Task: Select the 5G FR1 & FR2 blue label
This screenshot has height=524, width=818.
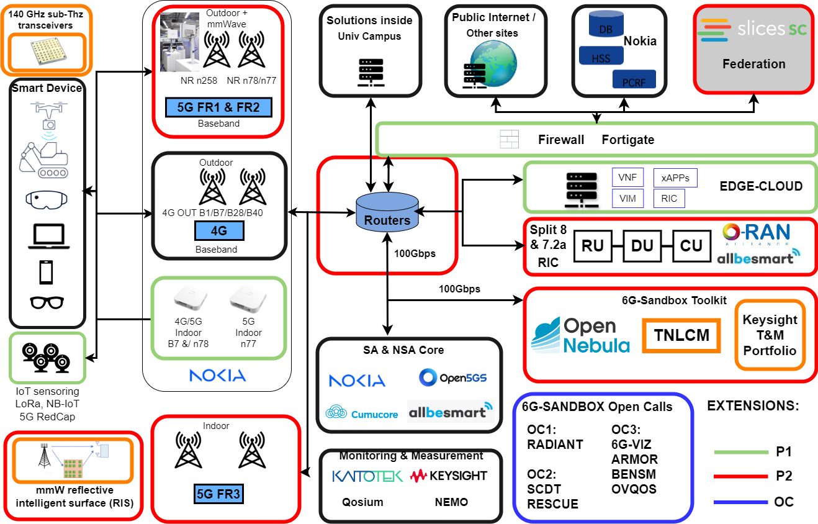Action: [218, 107]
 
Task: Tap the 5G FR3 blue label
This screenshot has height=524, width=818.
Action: [218, 495]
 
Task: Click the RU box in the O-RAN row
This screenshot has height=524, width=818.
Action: [593, 246]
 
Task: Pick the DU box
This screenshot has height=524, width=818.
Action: [642, 246]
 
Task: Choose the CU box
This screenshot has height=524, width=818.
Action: [691, 246]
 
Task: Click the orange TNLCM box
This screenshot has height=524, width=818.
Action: [681, 336]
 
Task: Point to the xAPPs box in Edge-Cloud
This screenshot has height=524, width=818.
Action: [675, 178]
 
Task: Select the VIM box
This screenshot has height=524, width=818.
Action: [627, 199]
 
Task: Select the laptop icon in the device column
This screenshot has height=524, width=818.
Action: [47, 237]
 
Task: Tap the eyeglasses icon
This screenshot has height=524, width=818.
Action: [47, 302]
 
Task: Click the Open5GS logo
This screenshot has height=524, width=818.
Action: [454, 377]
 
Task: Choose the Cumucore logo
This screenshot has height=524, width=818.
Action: [362, 412]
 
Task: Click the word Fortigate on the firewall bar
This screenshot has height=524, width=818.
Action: [627, 140]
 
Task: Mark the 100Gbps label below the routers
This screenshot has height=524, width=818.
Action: [415, 254]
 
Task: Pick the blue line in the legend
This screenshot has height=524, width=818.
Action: [741, 502]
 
